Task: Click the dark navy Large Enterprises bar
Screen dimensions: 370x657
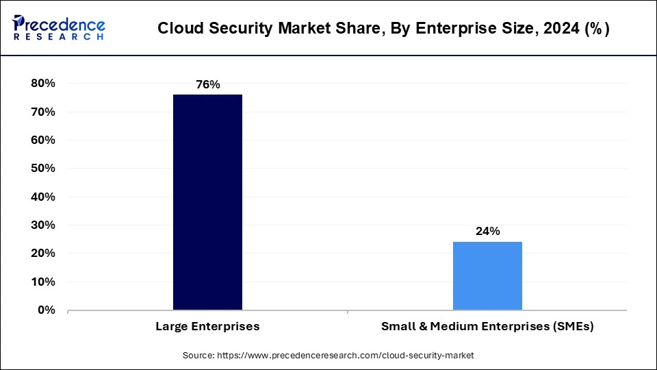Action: click(x=207, y=202)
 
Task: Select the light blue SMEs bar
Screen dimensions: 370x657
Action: click(x=487, y=275)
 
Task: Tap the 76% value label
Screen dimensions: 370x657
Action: click(x=207, y=84)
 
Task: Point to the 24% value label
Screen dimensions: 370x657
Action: click(x=487, y=232)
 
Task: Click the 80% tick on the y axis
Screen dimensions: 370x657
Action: click(x=42, y=84)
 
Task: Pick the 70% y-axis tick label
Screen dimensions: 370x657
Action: click(x=42, y=112)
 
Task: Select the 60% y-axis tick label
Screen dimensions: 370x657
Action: click(x=42, y=140)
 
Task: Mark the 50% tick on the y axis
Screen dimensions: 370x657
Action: click(x=42, y=169)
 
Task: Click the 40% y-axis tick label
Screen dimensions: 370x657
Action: click(x=42, y=197)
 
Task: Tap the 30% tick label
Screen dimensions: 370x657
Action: click(x=42, y=225)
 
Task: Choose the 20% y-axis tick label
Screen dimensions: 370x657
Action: click(x=42, y=254)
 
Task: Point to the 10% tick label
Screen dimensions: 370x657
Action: click(x=42, y=282)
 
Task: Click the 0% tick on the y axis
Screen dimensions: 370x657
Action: click(x=46, y=310)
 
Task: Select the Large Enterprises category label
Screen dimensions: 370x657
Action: click(x=207, y=327)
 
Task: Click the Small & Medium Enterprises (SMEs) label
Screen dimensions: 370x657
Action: click(x=487, y=327)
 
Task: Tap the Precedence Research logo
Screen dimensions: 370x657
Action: click(x=59, y=28)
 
